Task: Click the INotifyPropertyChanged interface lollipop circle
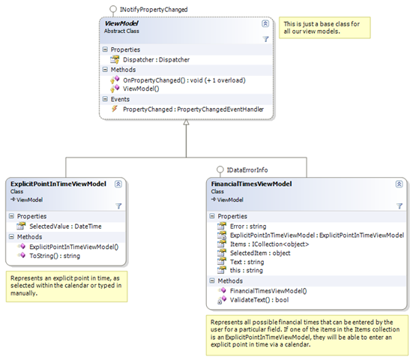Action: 113,9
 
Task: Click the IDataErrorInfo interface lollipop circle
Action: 220,169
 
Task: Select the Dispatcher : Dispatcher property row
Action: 156,60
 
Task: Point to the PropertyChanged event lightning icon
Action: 115,109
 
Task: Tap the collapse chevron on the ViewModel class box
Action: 265,23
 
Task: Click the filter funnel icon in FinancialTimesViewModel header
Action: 400,205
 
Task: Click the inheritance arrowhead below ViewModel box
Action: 186,122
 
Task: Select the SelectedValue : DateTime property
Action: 65,226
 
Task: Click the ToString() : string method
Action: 55,256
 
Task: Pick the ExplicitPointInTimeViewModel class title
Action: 58,184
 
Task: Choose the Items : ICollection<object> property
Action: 269,244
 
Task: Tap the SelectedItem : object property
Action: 260,253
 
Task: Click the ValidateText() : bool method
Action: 259,300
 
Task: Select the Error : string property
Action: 248,226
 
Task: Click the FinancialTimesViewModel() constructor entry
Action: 268,291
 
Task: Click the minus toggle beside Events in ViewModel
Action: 105,99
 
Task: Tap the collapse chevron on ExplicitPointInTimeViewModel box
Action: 118,184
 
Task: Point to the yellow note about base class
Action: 325,28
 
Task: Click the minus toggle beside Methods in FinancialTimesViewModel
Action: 212,280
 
